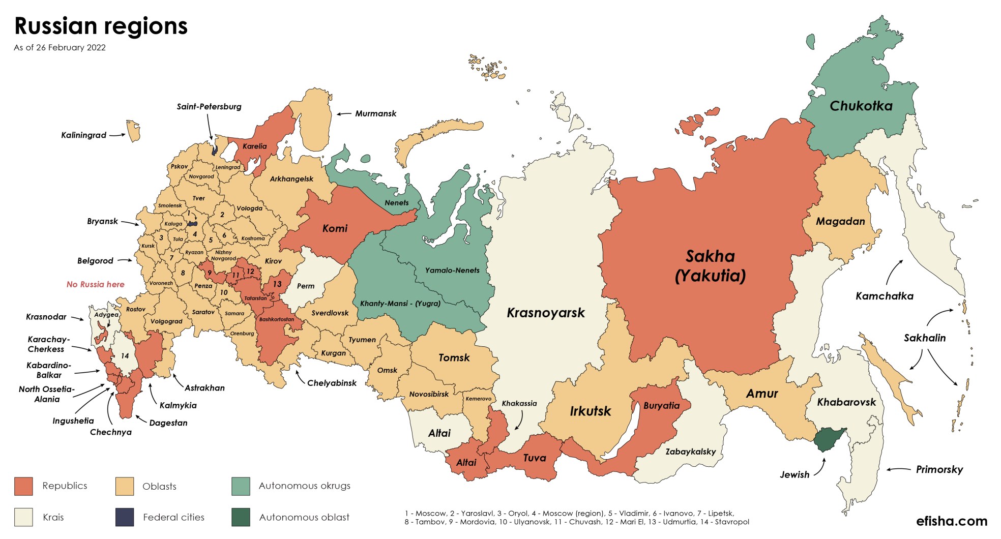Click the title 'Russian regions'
point(101,26)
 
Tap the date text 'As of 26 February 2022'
point(60,48)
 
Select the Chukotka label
point(861,106)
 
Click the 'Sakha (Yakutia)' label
point(710,266)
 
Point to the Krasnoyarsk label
point(545,313)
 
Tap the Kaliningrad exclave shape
point(134,131)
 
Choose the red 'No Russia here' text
point(95,285)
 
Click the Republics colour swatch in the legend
point(23,486)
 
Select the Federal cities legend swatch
point(125,517)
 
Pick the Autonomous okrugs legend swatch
point(241,486)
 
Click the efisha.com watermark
point(951,521)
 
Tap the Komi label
point(335,229)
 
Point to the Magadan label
point(840,222)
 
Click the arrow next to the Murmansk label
point(344,114)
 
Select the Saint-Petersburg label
point(209,107)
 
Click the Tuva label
point(534,458)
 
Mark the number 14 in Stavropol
point(125,356)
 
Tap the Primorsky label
point(939,470)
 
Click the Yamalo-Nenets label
point(452,271)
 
